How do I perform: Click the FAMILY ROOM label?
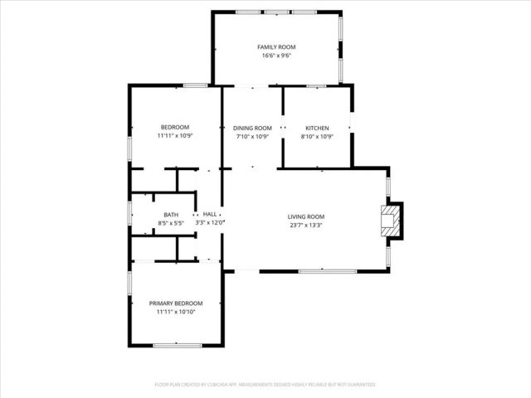tap(276, 47)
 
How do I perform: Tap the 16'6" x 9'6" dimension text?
tap(276, 56)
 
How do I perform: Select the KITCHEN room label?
tap(317, 128)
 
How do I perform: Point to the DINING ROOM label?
tap(252, 128)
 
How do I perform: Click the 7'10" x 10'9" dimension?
tap(252, 136)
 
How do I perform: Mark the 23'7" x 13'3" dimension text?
tap(306, 225)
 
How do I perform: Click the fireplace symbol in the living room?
tap(391, 221)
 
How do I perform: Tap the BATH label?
tap(170, 215)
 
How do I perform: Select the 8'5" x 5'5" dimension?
tap(170, 223)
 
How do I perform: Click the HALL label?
tap(210, 214)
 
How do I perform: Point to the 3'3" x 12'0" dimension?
tap(210, 222)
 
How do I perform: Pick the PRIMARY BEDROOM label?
tap(176, 303)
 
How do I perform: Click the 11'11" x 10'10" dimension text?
tap(176, 312)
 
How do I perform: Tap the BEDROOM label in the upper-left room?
tap(174, 127)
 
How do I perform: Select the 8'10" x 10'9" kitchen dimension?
tap(317, 136)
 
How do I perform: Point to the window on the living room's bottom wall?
tap(327, 270)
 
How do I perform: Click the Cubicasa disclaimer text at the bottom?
tap(265, 385)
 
